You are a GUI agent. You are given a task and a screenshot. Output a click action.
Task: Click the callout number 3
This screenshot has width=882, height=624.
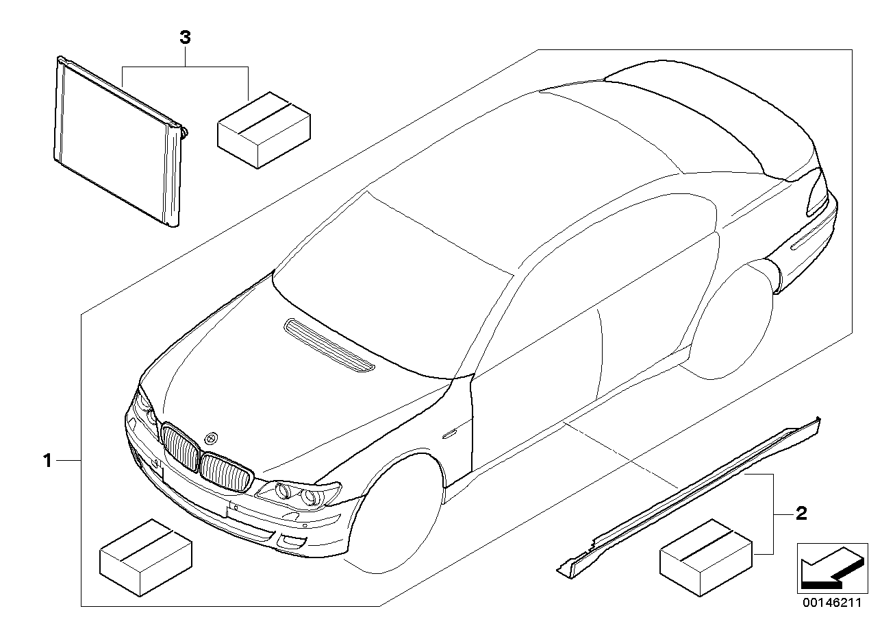[x=184, y=39]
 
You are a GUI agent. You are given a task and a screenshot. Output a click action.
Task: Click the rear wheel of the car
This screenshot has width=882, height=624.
[x=733, y=322]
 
